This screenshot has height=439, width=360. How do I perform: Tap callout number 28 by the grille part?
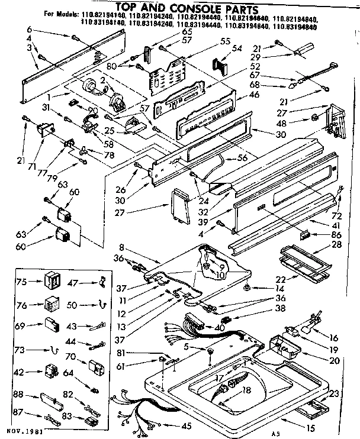point(336,244)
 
